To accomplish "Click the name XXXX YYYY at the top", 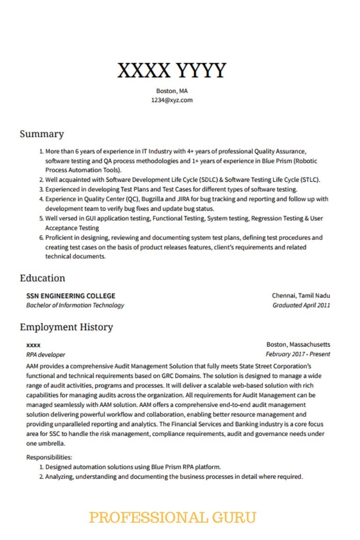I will click(172, 70).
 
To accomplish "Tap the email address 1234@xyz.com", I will click(172, 100).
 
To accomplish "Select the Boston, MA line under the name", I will click(172, 91).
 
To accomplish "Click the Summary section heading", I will click(42, 134).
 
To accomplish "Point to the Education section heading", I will click(43, 278).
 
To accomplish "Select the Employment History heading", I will click(66, 327).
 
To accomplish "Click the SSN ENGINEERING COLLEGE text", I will click(71, 296).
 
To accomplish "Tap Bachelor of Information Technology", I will click(75, 305).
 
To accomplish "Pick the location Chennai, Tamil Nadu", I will click(301, 296).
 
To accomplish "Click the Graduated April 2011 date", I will click(301, 305).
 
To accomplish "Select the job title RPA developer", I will click(46, 355).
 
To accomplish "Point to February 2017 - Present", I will click(298, 354).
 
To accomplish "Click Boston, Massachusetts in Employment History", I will click(298, 345).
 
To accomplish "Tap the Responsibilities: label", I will click(49, 457).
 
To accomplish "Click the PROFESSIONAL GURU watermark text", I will click(172, 518).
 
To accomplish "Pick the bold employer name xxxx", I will click(33, 345).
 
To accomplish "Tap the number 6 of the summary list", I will click(41, 237).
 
